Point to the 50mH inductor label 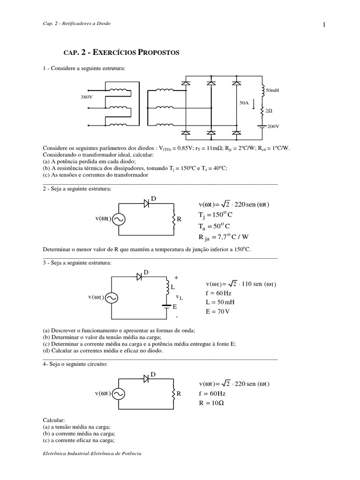coord(272,90)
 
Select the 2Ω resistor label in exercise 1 coord(269,111)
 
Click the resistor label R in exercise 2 coord(179,219)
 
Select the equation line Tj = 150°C coord(216,215)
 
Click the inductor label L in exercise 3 coord(172,286)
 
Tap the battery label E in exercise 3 coord(174,307)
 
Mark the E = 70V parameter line coord(218,312)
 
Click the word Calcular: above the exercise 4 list coord(53,420)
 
